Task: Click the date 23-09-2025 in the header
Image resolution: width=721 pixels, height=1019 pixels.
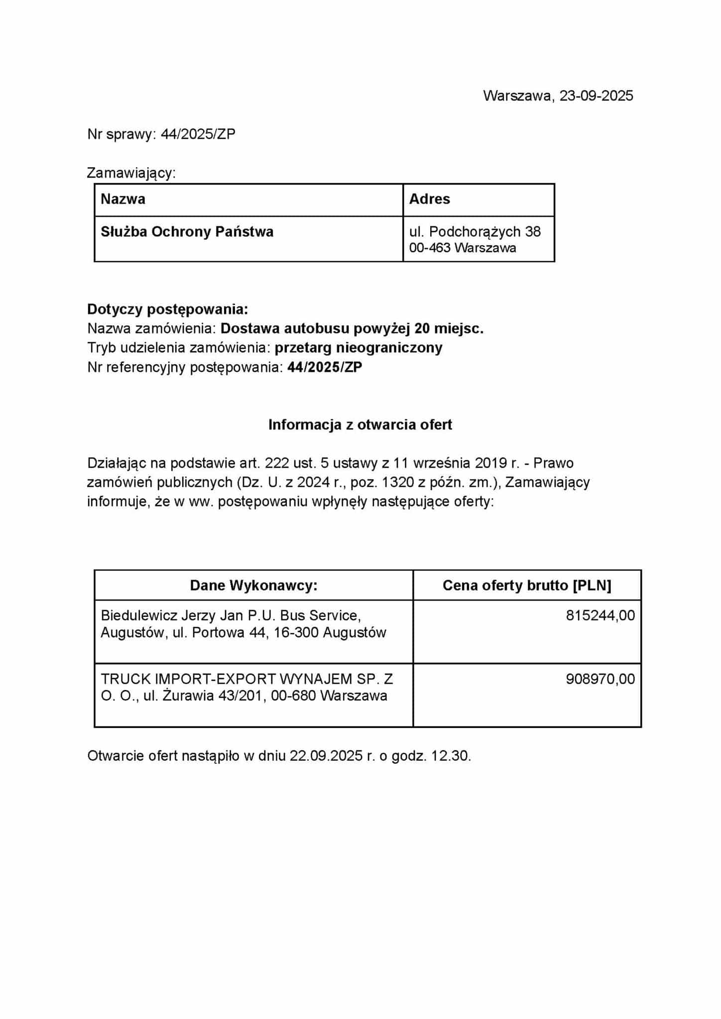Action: click(596, 96)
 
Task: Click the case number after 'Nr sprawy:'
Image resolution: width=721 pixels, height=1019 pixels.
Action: click(198, 134)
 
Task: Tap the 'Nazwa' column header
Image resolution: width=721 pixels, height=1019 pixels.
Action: click(123, 199)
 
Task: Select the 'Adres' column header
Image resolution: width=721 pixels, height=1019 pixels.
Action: click(429, 199)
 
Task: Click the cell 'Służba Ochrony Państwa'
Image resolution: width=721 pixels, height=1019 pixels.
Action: click(187, 232)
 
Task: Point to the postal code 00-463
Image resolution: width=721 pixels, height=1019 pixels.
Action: click(430, 248)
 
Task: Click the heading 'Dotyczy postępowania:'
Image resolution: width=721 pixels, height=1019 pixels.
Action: click(167, 309)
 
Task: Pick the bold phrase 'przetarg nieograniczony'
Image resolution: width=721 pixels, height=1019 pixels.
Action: click(359, 347)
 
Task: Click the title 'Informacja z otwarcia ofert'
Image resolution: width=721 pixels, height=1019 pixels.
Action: click(360, 424)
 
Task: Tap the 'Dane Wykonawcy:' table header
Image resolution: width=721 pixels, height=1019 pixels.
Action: click(253, 585)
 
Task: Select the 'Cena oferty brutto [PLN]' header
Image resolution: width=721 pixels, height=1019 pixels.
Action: click(527, 585)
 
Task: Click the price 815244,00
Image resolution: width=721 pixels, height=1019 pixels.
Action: click(600, 615)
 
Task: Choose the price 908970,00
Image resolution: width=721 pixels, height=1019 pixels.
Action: click(600, 679)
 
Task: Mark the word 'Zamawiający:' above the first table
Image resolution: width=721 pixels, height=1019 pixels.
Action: click(131, 173)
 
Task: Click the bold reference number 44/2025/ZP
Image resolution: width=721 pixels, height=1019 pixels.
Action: click(325, 367)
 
